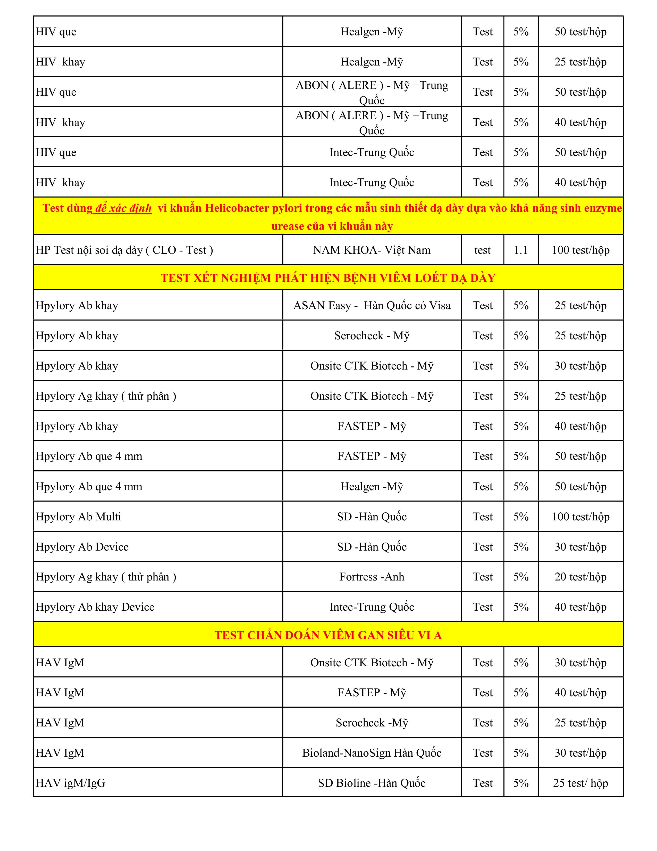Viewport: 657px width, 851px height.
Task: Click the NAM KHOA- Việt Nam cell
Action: coord(372,250)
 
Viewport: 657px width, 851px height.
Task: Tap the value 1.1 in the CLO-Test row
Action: coord(521,250)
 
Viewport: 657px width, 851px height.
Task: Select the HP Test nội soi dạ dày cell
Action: coord(124,250)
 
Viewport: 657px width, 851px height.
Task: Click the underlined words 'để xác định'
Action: coord(123,208)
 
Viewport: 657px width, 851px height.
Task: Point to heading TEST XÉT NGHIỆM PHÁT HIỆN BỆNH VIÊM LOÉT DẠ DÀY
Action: coord(328,278)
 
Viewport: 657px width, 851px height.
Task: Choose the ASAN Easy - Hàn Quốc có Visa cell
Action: coord(372,306)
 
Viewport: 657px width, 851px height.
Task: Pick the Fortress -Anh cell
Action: coord(372,577)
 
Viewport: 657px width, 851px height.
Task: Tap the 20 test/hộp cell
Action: coord(580,577)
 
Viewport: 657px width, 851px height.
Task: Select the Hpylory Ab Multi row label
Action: coord(78,517)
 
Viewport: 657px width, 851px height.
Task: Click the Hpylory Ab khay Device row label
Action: coord(95,607)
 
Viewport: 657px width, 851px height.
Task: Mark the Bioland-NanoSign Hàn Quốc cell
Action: coord(372,752)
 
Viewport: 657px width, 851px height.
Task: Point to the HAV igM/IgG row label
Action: coord(70,783)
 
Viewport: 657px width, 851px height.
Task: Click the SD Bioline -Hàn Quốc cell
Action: coord(372,783)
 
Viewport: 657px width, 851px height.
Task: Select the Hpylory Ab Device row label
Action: coord(82,547)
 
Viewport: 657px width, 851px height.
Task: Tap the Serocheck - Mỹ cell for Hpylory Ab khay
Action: coord(372,336)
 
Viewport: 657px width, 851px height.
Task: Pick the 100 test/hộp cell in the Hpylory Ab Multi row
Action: coord(580,517)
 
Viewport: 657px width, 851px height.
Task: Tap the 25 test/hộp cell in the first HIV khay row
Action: coord(580,62)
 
